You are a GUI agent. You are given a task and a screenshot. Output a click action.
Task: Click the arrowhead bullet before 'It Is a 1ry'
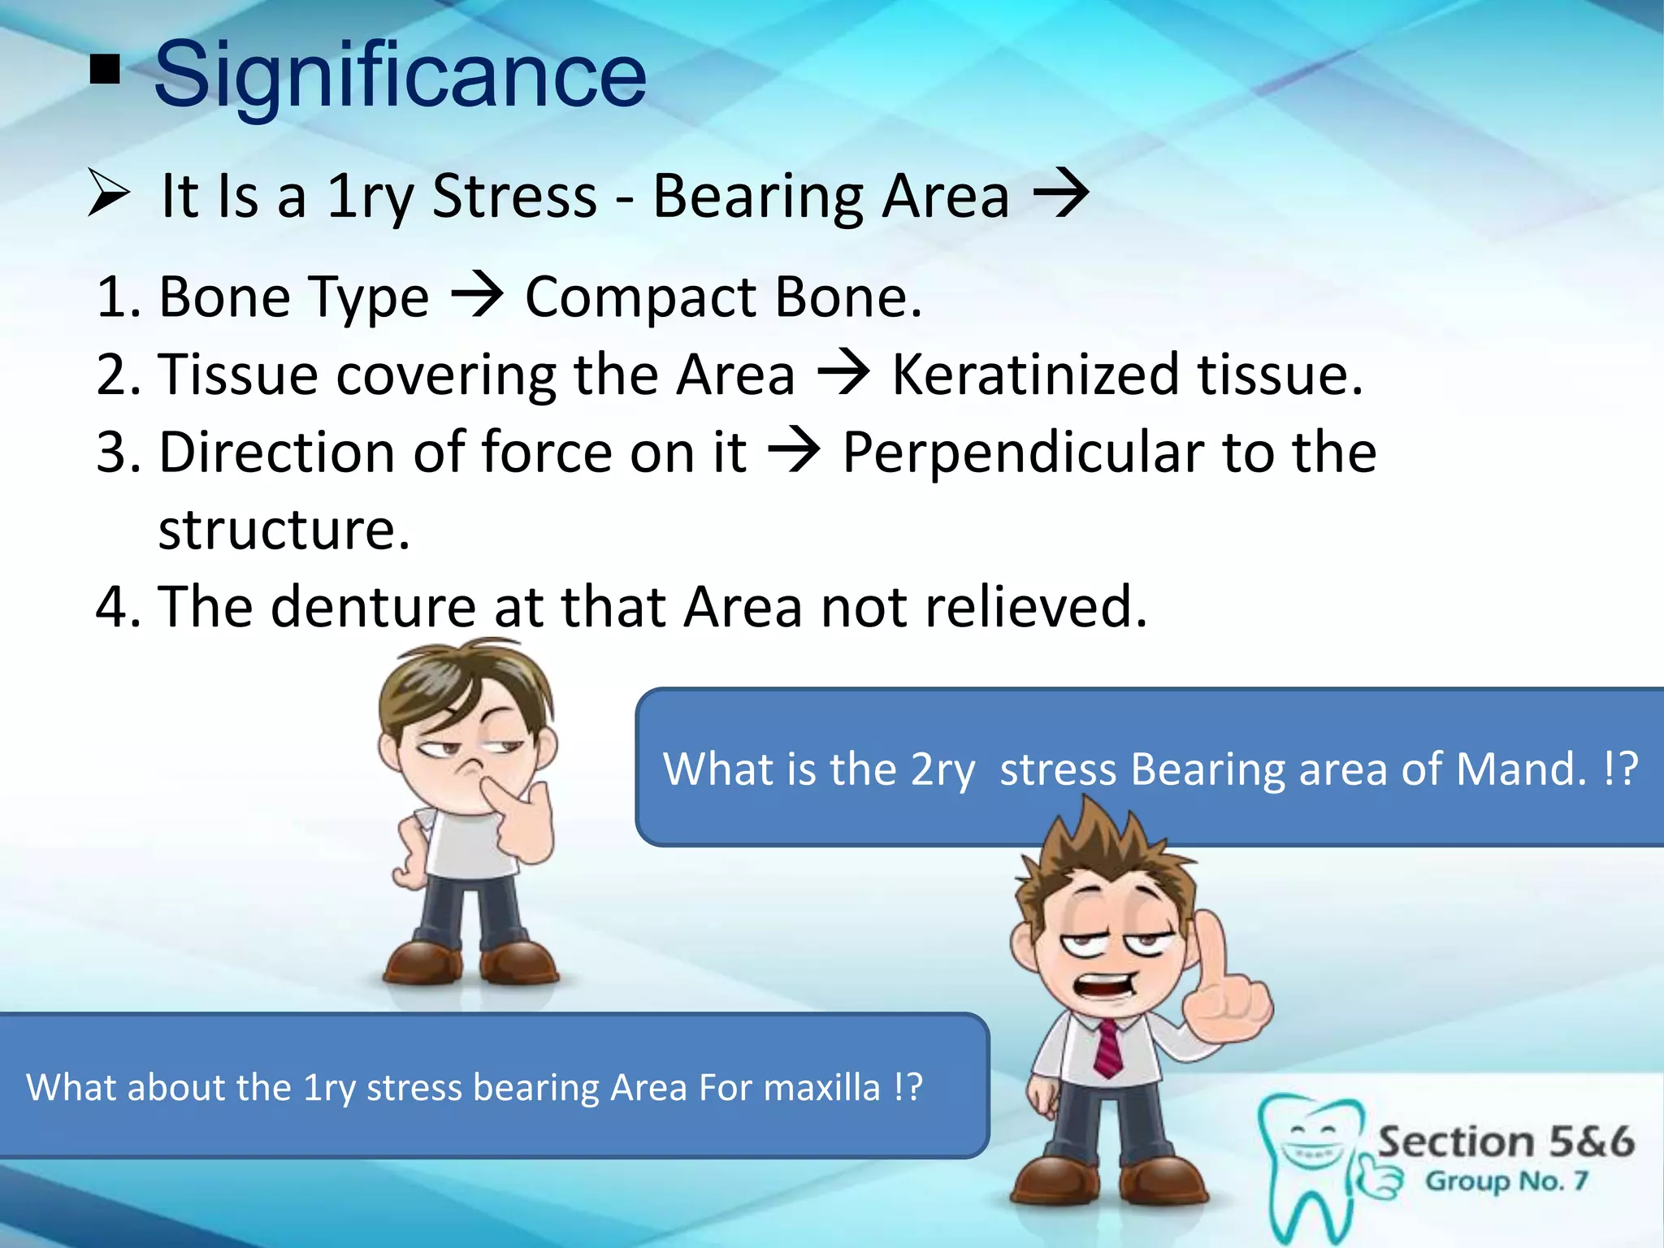(108, 195)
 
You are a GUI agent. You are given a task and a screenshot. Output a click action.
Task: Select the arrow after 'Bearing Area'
(1060, 195)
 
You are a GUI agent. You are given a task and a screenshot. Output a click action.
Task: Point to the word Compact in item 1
(641, 297)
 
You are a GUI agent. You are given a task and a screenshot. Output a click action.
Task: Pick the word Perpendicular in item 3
(1025, 453)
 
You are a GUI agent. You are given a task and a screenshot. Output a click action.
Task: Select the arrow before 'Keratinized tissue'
(844, 374)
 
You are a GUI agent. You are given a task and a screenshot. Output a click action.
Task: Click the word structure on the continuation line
(284, 530)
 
